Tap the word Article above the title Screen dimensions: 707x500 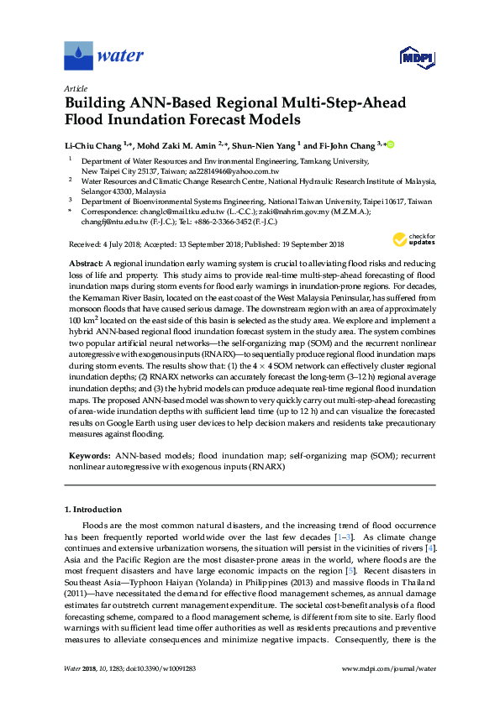pos(75,87)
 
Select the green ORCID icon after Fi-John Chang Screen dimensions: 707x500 pos(391,144)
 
